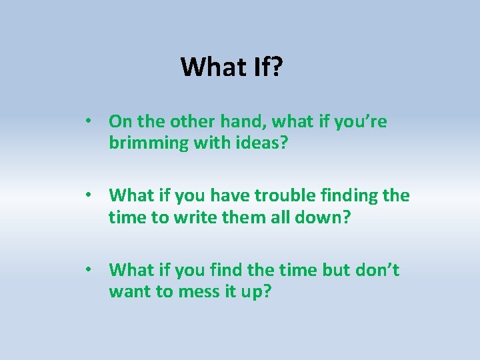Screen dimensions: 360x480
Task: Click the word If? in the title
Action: [x=267, y=67]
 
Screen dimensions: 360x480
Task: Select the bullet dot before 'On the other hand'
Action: [x=88, y=122]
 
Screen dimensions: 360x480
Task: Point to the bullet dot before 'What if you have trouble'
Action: [x=88, y=196]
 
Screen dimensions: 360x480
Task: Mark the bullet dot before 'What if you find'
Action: [x=88, y=270]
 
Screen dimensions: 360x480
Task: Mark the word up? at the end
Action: [x=255, y=293]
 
